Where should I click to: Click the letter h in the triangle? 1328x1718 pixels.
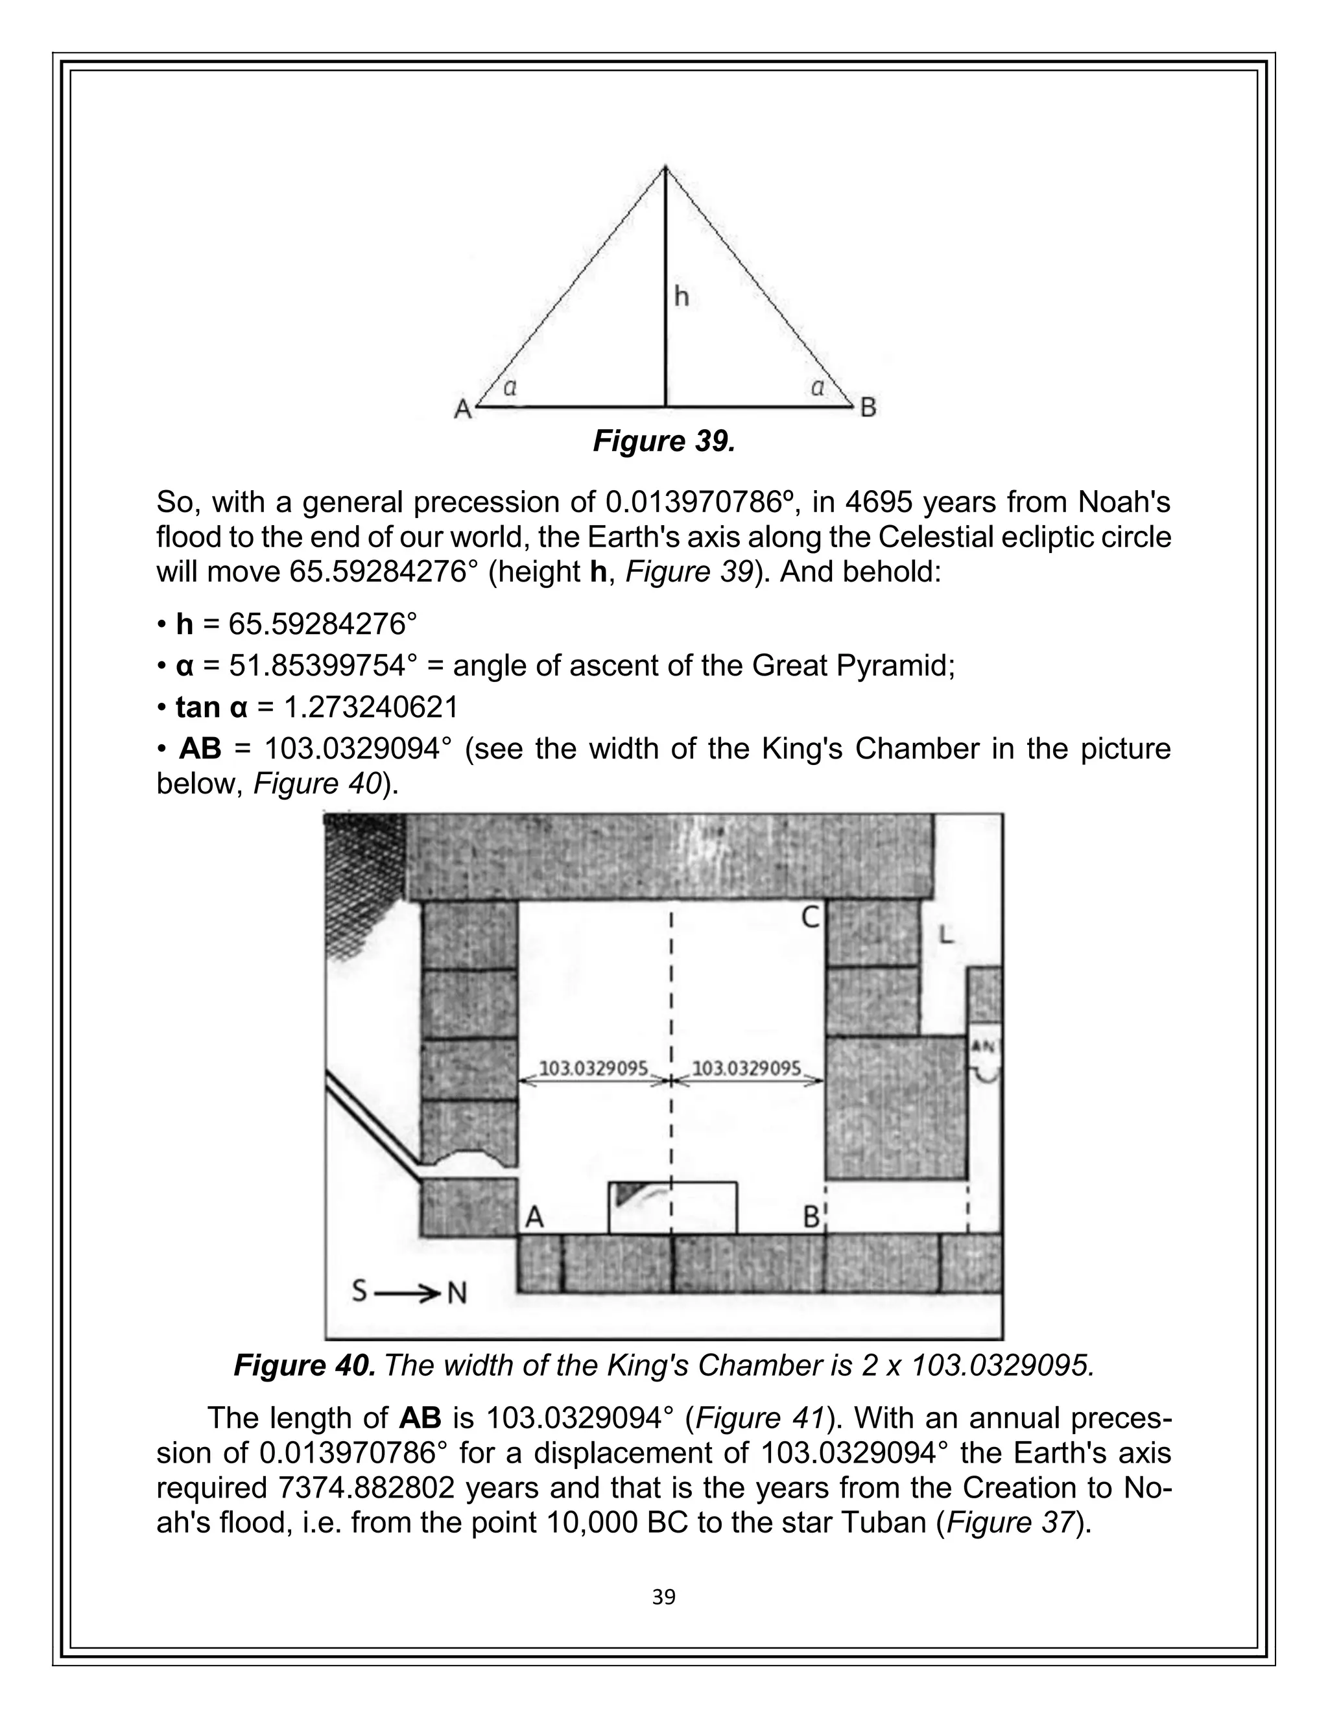pos(682,296)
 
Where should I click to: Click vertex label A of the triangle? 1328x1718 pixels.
pos(462,409)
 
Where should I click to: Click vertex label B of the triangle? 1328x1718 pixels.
pos(868,408)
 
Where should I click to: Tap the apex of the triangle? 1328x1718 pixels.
pos(665,167)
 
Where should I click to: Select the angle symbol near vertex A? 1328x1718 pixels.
pos(509,387)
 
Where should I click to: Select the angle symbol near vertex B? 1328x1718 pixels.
pos(818,387)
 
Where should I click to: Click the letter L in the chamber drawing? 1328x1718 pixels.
pos(947,935)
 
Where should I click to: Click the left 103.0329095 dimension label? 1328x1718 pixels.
pos(593,1068)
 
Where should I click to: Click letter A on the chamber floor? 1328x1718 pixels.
pos(534,1217)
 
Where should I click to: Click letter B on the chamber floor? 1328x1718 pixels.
pos(811,1217)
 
